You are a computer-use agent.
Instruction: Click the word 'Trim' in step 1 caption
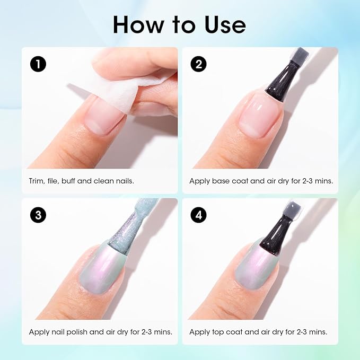click(x=36, y=181)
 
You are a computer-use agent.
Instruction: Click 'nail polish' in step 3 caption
click(x=66, y=332)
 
